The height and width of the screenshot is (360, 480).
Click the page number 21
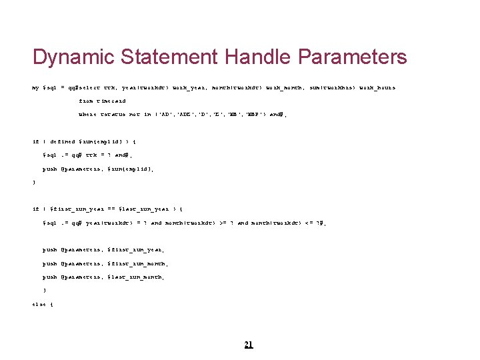click(x=249, y=345)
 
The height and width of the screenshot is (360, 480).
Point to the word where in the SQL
click(x=87, y=115)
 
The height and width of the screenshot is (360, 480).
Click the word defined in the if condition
click(x=63, y=142)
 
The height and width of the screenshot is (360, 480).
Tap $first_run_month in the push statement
click(x=140, y=263)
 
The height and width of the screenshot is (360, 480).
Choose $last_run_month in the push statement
click(x=138, y=277)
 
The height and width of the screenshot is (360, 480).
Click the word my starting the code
click(x=36, y=87)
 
